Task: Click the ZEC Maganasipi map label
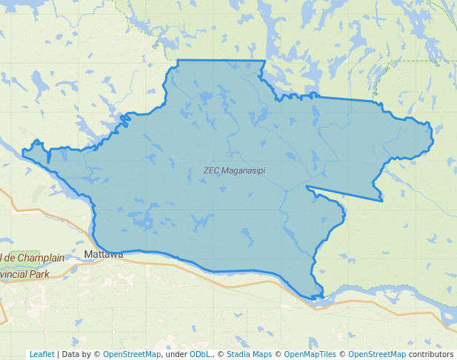[x=234, y=170]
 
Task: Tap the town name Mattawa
[x=104, y=254]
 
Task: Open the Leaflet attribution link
[x=41, y=355]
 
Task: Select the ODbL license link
[x=198, y=355]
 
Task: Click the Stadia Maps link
[x=249, y=355]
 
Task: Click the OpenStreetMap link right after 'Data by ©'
[x=132, y=355]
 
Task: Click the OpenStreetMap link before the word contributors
[x=377, y=355]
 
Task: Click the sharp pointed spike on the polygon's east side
[x=382, y=200]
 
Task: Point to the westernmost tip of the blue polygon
[x=23, y=154]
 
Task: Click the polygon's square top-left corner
[x=178, y=60]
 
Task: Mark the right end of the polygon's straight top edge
[x=264, y=61]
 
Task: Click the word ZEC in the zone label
[x=211, y=170]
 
